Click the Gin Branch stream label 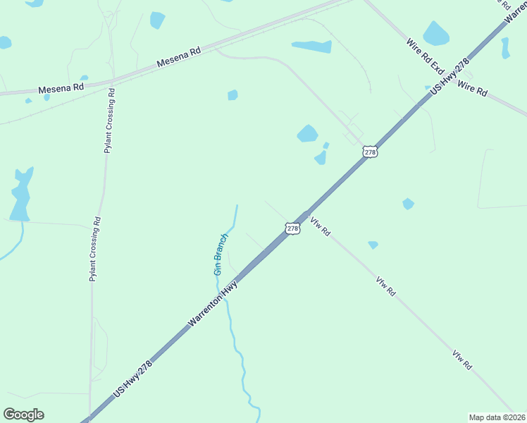pyautogui.click(x=221, y=254)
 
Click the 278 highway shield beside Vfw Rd pyautogui.click(x=293, y=228)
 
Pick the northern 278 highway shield pyautogui.click(x=371, y=152)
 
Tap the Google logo pyautogui.click(x=23, y=415)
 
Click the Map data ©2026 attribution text pyautogui.click(x=497, y=417)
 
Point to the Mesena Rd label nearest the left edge pyautogui.click(x=61, y=88)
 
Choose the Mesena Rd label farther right pyautogui.click(x=179, y=57)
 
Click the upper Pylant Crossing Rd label pyautogui.click(x=110, y=121)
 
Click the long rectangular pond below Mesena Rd pyautogui.click(x=311, y=47)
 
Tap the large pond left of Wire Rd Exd pyautogui.click(x=435, y=33)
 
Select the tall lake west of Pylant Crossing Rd pyautogui.click(x=21, y=194)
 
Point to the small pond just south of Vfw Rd pyautogui.click(x=373, y=245)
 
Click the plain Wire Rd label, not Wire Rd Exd pyautogui.click(x=472, y=88)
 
